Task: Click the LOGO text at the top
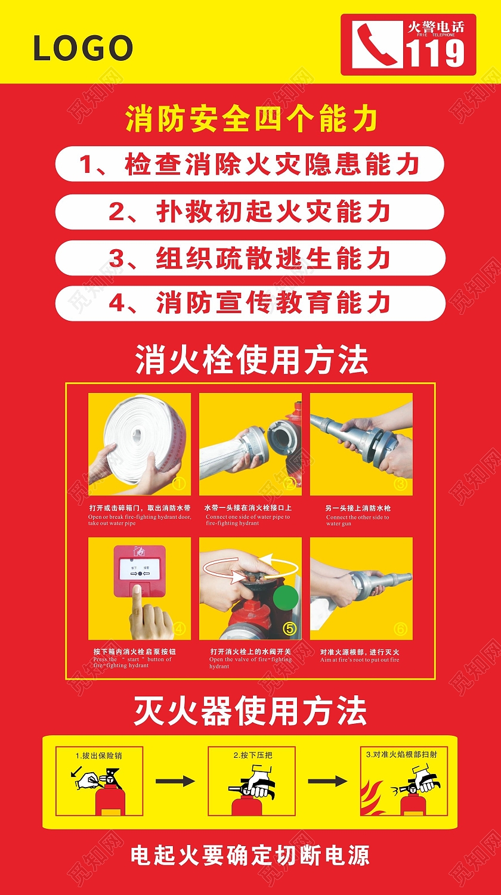click(83, 48)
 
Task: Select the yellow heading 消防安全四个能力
click(251, 119)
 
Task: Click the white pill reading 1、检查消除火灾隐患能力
click(250, 164)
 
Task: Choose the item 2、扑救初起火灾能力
click(250, 212)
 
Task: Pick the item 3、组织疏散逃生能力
click(250, 258)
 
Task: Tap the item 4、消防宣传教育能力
click(250, 304)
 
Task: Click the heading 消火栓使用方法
click(251, 360)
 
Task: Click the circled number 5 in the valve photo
click(289, 628)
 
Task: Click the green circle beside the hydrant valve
click(286, 598)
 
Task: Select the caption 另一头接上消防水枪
click(358, 508)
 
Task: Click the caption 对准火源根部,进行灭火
click(360, 652)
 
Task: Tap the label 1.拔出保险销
click(99, 755)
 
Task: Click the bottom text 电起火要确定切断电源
click(250, 856)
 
